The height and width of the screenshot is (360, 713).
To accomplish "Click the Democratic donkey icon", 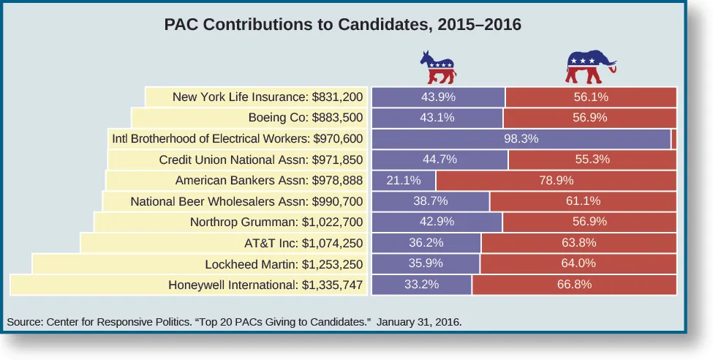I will [x=437, y=67].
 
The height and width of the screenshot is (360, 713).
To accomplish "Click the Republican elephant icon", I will [x=591, y=67].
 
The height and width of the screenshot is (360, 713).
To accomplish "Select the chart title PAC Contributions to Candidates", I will [x=343, y=24].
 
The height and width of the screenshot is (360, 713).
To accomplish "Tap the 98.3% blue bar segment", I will [x=521, y=138].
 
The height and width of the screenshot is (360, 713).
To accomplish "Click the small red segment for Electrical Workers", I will [x=674, y=138].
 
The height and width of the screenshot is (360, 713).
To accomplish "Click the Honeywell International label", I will [x=265, y=285].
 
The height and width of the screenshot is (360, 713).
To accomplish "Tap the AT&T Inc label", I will [x=303, y=243].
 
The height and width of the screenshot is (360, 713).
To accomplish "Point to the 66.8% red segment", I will [x=574, y=285].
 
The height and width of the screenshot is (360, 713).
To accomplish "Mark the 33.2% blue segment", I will [x=422, y=285].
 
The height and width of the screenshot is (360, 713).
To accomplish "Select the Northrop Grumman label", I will [x=276, y=222].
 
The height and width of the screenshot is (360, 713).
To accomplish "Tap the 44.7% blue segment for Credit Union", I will [x=440, y=159].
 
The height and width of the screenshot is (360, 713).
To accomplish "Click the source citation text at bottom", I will [x=234, y=321].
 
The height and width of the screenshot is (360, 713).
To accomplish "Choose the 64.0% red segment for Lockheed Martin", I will [x=578, y=263].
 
